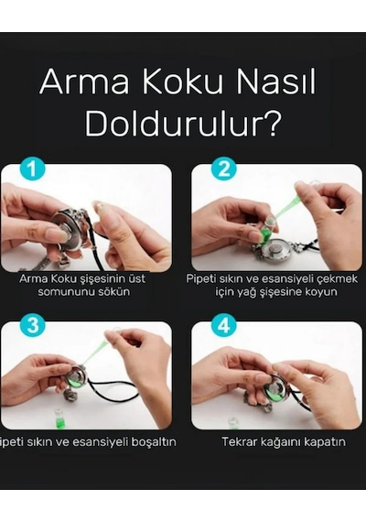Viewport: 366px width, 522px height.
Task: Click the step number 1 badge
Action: tap(32, 169)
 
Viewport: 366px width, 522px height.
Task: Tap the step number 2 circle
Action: tap(223, 169)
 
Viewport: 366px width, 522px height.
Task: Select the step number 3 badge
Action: tap(32, 325)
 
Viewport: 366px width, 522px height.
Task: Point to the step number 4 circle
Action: tap(223, 325)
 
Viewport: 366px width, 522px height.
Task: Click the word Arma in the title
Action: tap(84, 82)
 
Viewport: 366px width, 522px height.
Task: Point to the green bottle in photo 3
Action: tap(59, 418)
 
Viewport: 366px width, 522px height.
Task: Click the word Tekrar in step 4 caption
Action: tap(239, 441)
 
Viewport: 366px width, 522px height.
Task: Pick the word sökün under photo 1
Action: tap(114, 291)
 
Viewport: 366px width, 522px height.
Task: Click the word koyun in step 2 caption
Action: tap(322, 292)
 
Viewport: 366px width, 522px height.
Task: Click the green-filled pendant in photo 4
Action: tap(274, 389)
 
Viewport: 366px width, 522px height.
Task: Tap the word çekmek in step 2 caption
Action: tap(337, 278)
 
